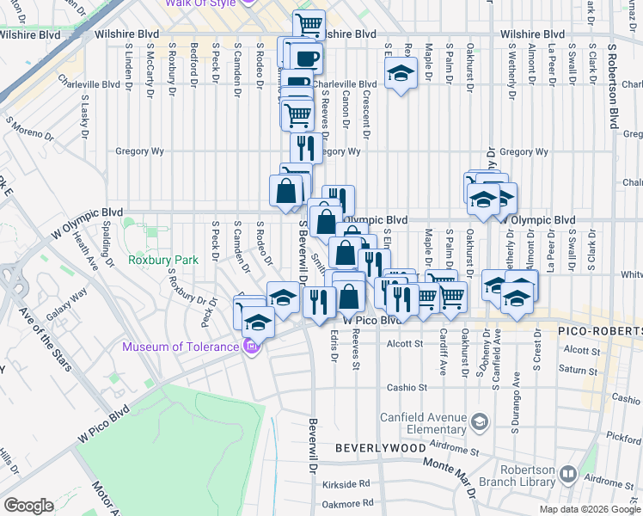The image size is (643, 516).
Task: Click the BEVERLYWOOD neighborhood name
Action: tap(380, 448)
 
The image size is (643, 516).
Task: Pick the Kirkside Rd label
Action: tap(347, 484)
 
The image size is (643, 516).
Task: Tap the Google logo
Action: tap(28, 506)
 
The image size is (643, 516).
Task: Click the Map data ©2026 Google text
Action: tap(589, 509)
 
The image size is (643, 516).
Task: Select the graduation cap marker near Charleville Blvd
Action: tap(400, 75)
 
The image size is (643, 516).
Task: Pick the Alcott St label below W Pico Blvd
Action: tap(406, 342)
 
